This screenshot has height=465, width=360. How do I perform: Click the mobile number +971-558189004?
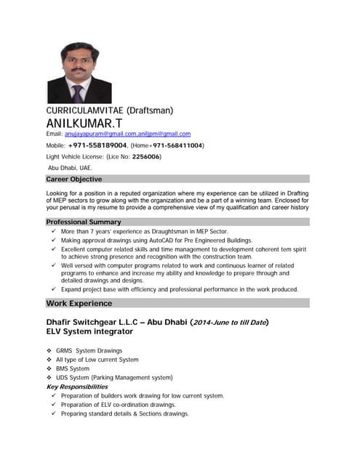coord(102,145)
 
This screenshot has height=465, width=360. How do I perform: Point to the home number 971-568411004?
coord(177,145)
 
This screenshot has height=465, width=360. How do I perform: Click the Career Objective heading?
coord(73,179)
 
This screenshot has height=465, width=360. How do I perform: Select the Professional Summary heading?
coord(83,222)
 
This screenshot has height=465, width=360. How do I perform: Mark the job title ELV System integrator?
coord(89,331)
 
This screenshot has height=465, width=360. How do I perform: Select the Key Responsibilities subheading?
coord(77,387)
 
